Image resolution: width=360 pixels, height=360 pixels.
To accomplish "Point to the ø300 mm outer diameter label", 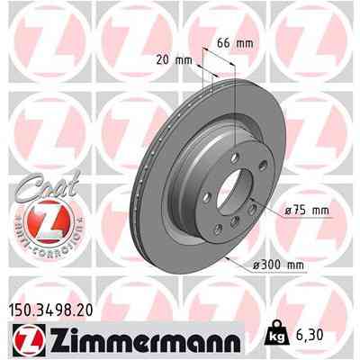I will [287, 264].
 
